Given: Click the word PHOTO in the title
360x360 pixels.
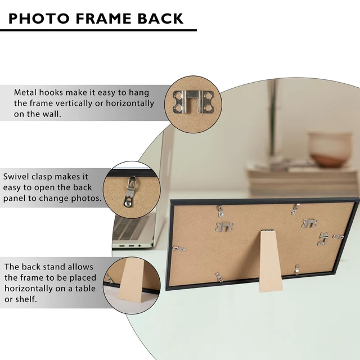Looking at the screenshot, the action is (39, 19).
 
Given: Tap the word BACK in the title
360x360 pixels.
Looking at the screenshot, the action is (160, 19).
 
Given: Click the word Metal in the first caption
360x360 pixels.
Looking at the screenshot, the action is (25, 92).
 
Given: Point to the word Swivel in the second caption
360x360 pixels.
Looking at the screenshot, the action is (16, 177).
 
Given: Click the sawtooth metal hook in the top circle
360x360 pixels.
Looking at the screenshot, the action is (193, 101).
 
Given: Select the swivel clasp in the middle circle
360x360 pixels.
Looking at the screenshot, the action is (130, 191).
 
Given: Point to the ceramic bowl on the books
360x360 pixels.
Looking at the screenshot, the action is (330, 150).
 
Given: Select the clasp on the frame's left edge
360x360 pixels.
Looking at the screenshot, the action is (179, 249).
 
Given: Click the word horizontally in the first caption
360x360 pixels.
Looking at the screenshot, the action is (130, 103).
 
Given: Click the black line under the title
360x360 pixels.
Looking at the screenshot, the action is (98, 30).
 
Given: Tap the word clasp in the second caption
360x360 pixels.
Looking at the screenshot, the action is (42, 177).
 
